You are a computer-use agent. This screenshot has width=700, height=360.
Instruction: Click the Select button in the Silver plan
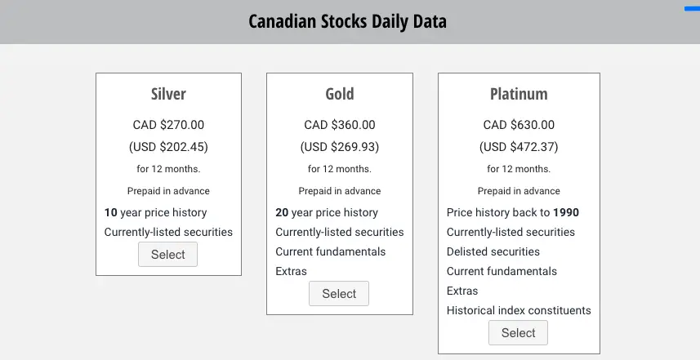coord(168,254)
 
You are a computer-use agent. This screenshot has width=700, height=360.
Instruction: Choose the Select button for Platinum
coord(519,333)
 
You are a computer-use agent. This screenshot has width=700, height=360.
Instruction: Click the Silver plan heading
coord(168,94)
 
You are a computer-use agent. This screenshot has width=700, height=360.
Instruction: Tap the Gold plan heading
coord(340,94)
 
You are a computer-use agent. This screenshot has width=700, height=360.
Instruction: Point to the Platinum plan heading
coord(519,94)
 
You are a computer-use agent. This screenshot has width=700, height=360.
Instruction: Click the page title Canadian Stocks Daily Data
coord(347,21)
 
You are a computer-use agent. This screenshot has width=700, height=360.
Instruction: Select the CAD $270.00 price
coord(168,125)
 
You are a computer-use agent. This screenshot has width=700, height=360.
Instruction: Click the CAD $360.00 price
coord(340,125)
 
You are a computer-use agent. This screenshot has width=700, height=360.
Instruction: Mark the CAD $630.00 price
coord(519,125)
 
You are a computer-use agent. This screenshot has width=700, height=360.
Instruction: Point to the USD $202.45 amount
coord(168,147)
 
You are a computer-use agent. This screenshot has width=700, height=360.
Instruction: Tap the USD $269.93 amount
coord(340,147)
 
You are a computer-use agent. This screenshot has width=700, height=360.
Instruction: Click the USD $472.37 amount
coord(519,147)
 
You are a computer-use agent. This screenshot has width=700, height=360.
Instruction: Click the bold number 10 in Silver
coord(111,213)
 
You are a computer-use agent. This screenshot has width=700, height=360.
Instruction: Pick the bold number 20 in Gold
coord(282,213)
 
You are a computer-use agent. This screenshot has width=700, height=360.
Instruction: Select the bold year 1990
coord(566,213)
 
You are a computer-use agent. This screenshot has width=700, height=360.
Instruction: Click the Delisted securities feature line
coord(493,251)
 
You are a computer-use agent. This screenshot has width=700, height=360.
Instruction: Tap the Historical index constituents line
coord(519,310)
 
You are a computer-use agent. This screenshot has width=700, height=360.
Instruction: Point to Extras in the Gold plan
coord(291,271)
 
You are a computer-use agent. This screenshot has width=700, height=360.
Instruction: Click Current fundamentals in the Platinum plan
coord(502,271)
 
